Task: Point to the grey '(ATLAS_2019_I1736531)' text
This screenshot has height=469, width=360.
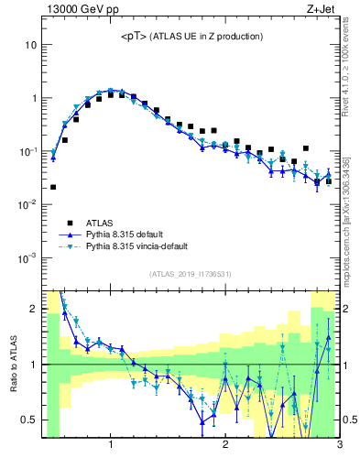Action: [x=191, y=274]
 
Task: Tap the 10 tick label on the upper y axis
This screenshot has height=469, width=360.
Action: [x=31, y=44]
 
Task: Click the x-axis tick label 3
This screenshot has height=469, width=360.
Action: [x=339, y=445]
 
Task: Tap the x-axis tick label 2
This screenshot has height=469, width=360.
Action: [x=225, y=445]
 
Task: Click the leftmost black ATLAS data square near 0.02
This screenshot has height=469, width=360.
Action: [x=53, y=187]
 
